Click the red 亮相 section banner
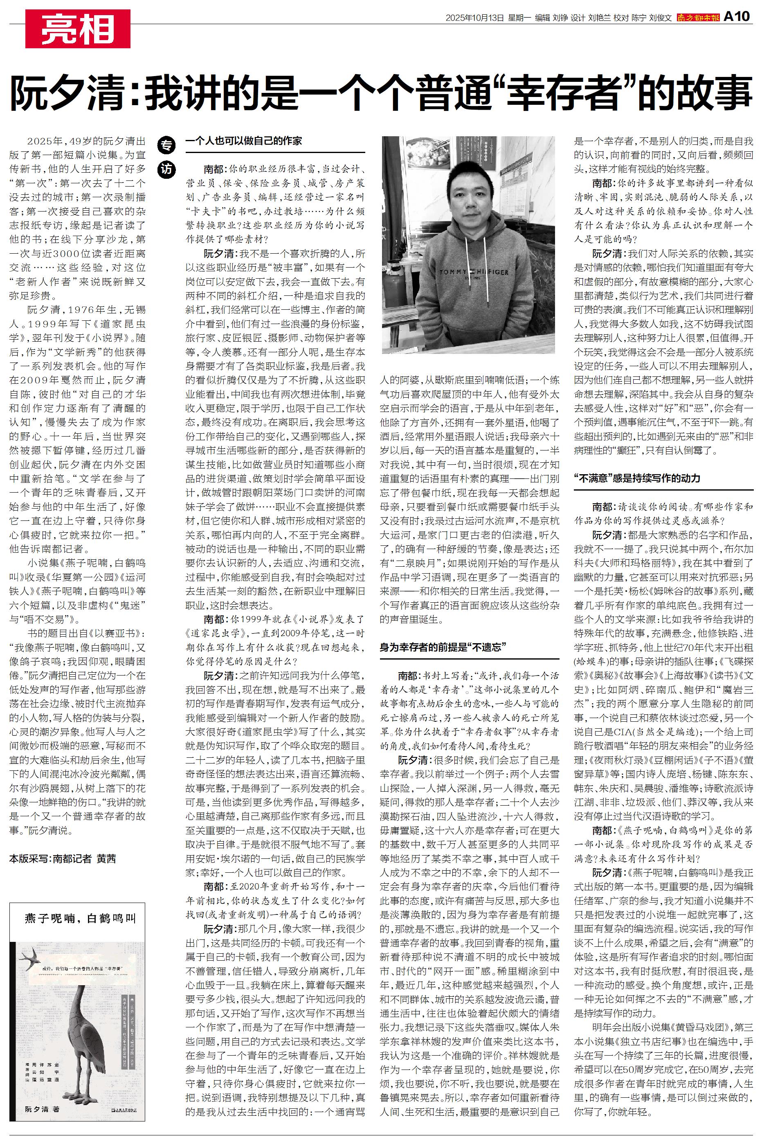point(78,29)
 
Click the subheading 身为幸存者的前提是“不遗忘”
point(443,647)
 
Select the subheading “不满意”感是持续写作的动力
point(636,478)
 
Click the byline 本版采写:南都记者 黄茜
point(63,859)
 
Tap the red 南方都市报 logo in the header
point(698,18)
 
